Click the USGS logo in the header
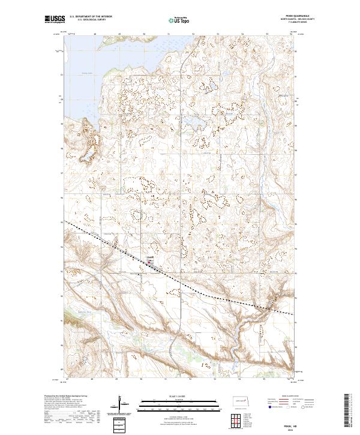(x=55, y=20)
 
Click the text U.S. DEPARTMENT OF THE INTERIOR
(x=91, y=17)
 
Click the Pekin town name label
(x=152, y=257)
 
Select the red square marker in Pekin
(x=149, y=261)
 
